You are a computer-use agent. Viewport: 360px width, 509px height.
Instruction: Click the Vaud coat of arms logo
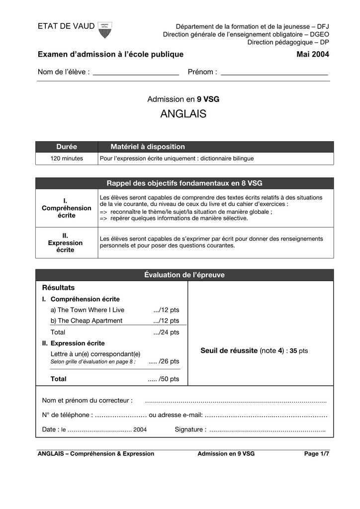(x=104, y=30)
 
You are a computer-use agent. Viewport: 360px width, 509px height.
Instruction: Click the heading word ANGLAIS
(x=183, y=114)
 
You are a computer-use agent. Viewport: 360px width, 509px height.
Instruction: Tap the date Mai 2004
(x=313, y=54)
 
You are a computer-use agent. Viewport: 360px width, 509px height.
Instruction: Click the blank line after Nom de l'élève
(x=136, y=73)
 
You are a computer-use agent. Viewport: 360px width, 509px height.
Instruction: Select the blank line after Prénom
(x=274, y=73)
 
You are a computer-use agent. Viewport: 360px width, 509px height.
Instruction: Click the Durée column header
(x=67, y=147)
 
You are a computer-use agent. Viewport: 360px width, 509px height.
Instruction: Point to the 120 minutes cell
(x=67, y=159)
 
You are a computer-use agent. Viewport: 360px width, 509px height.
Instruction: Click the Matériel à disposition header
(x=148, y=147)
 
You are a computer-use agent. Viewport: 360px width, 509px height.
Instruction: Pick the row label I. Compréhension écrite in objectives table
(x=67, y=208)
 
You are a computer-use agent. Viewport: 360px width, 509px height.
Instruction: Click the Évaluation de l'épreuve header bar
(x=184, y=275)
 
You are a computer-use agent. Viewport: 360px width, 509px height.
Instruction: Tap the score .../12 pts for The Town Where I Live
(x=166, y=310)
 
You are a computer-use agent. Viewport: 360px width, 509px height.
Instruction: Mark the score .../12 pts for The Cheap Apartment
(x=166, y=321)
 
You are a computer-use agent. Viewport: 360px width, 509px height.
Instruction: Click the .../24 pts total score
(x=166, y=333)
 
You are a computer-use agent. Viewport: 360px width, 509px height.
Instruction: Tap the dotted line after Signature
(x=267, y=430)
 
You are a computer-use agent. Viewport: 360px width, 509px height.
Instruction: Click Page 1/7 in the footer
(x=317, y=454)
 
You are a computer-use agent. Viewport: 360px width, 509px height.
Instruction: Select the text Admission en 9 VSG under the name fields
(x=183, y=99)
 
